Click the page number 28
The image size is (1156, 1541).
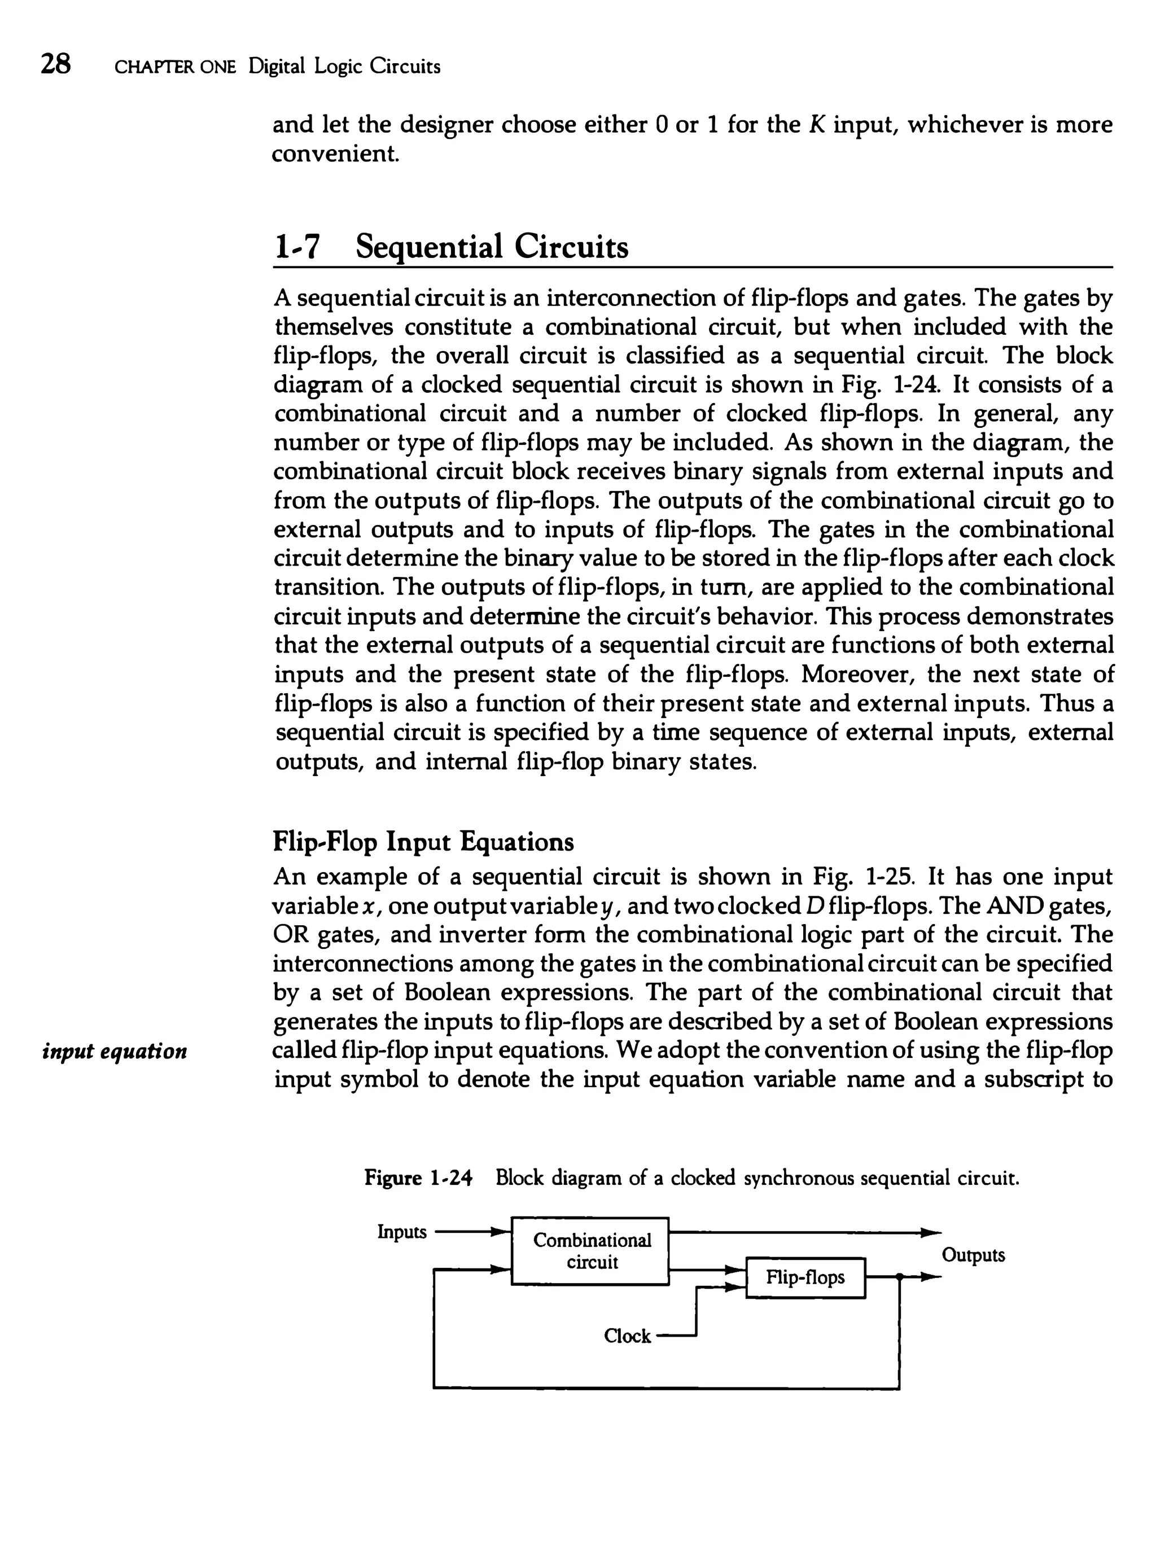pos(56,64)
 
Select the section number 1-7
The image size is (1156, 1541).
pos(296,248)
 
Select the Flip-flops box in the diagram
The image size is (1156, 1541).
pos(805,1277)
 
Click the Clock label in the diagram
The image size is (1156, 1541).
pos(627,1336)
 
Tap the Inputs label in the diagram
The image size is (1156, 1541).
pos(401,1232)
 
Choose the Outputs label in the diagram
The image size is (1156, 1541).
pos(974,1255)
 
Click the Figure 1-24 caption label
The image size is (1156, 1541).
pos(419,1178)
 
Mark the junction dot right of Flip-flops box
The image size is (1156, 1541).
pos(900,1277)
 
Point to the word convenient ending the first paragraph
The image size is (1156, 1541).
pos(335,154)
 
